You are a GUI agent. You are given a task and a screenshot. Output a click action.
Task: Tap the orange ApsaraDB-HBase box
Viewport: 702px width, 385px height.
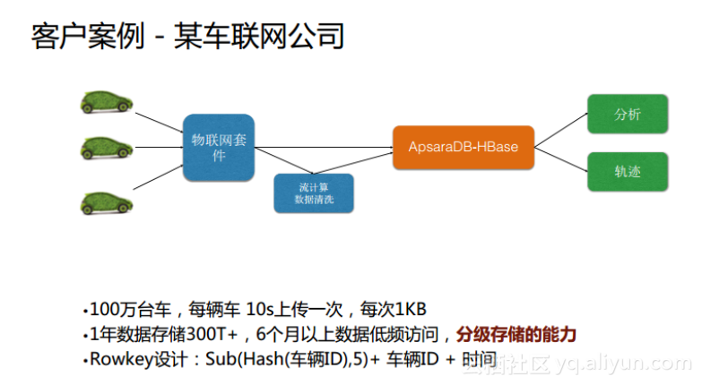(x=463, y=146)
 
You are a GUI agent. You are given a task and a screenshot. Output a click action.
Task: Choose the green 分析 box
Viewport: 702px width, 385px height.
(x=627, y=115)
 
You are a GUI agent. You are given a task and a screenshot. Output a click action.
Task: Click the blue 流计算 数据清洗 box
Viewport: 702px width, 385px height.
(x=313, y=192)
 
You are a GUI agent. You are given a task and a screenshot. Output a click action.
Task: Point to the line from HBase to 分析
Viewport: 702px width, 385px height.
(x=561, y=129)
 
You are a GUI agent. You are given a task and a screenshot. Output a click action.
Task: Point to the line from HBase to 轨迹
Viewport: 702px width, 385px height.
(x=561, y=159)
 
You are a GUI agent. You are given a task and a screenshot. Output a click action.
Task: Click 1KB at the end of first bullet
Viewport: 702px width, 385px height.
(x=410, y=311)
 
